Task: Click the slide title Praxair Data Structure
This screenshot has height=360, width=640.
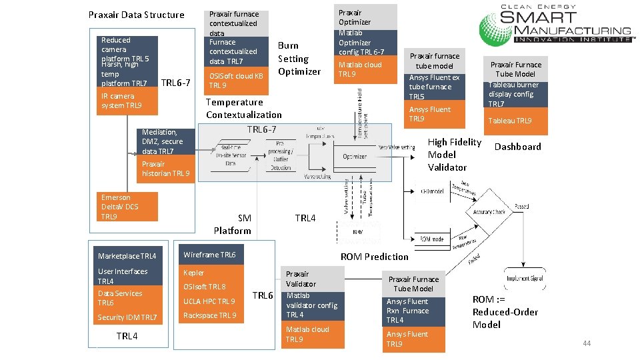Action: [137, 15]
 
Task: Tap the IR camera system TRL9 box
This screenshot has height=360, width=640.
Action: [127, 101]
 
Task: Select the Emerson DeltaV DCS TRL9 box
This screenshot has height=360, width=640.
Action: [127, 207]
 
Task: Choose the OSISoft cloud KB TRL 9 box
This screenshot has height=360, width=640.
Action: [237, 81]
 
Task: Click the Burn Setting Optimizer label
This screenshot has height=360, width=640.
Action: [299, 59]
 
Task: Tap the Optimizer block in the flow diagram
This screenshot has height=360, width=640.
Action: [355, 156]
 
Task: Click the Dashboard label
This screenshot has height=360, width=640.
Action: [517, 147]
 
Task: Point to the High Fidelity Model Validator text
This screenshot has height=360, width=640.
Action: [454, 155]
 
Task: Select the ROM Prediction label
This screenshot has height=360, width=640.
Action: [374, 257]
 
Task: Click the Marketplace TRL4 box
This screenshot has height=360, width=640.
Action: [127, 256]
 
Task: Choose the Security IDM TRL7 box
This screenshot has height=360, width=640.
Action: [127, 318]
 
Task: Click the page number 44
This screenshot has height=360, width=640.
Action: [587, 343]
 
